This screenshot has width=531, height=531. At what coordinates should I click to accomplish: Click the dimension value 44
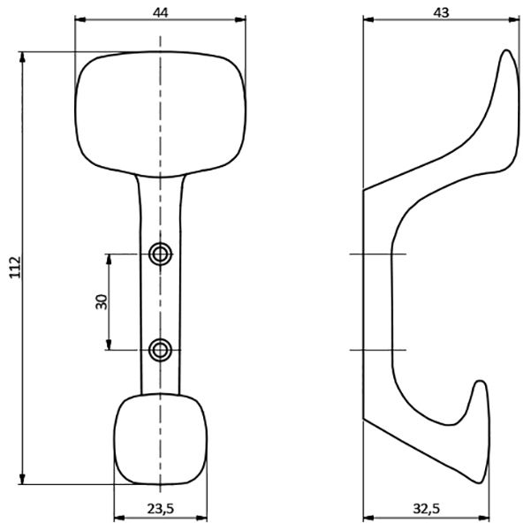pos(160,12)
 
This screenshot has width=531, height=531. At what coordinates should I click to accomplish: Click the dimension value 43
pos(441,12)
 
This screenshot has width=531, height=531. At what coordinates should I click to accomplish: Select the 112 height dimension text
pos(15,268)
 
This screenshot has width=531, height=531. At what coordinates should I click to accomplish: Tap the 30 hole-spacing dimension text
pos(102,302)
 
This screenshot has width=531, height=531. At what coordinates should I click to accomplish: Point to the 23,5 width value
pos(161,508)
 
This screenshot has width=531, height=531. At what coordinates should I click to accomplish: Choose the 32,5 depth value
pos(427,508)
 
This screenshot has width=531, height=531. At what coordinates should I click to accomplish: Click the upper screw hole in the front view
pos(160,254)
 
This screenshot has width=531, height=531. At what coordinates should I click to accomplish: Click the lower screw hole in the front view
pos(160,350)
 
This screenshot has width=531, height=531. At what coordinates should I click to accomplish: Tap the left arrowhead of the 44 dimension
pos(80,20)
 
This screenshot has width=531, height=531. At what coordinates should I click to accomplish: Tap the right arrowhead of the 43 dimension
pos(514,20)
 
